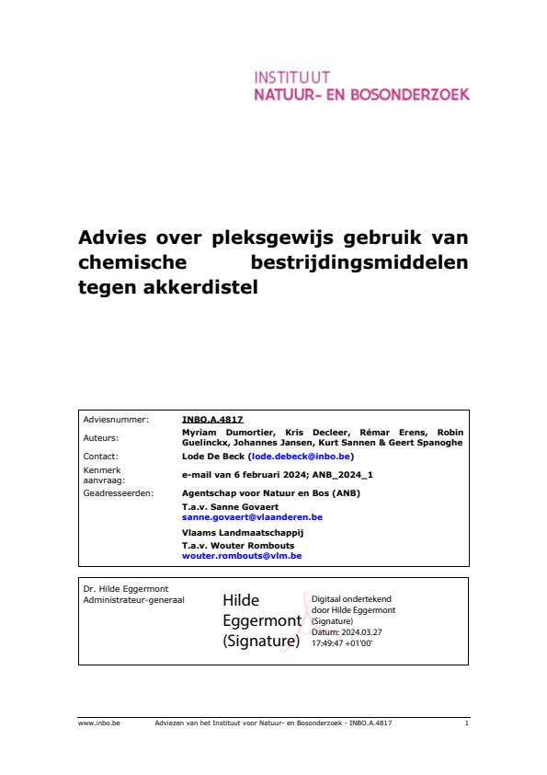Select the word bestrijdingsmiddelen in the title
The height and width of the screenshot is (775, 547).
[x=359, y=262]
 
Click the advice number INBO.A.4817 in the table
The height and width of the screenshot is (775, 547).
[x=212, y=419]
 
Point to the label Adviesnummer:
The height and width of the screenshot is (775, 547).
[x=116, y=419]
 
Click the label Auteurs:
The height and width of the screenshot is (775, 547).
[x=100, y=438]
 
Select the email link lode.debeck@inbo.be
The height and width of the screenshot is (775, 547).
[x=300, y=456]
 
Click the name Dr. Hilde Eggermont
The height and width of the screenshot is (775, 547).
[x=126, y=588]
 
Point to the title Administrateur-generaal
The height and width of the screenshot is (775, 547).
[x=133, y=600]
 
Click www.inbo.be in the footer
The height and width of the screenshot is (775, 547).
[x=93, y=724]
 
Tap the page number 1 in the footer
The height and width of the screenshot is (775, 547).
[x=466, y=724]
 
